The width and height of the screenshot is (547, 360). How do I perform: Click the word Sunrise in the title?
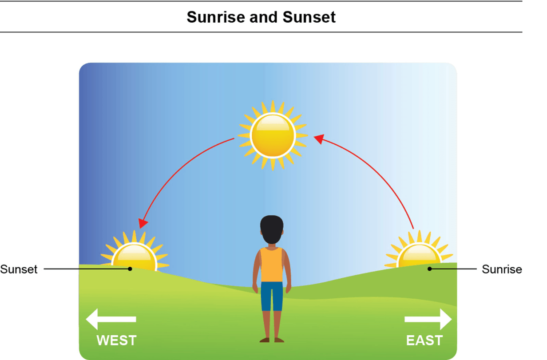[216, 17]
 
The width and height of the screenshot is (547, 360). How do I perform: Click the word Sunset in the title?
[309, 17]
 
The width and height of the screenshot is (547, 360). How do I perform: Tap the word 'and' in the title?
[263, 17]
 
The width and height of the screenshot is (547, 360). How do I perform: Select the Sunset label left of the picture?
[19, 269]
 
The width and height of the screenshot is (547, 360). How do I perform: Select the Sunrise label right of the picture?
[502, 269]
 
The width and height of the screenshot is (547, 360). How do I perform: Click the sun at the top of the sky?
[273, 135]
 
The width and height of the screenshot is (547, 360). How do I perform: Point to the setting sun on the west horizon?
[134, 251]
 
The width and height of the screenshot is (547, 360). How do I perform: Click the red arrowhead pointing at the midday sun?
[319, 139]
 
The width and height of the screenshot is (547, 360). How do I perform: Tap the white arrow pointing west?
[111, 319]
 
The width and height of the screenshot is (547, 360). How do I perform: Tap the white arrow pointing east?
[428, 319]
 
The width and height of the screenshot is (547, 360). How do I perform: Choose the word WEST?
[116, 340]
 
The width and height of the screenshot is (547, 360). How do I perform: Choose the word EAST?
[424, 340]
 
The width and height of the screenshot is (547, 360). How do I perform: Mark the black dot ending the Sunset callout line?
[130, 269]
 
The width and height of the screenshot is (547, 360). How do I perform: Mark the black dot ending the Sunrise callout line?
[429, 269]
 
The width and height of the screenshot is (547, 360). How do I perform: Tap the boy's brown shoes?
[272, 340]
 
